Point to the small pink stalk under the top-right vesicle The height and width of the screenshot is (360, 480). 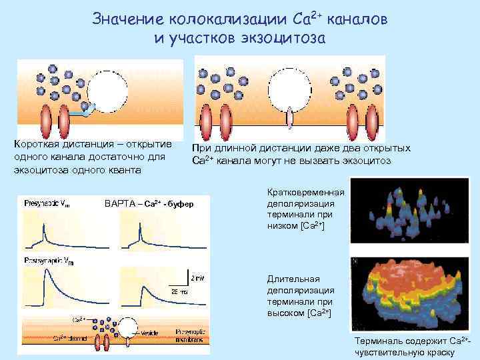[x=289, y=118]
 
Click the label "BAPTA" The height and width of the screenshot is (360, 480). [x=120, y=203]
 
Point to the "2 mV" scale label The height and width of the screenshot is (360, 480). [x=197, y=277]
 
